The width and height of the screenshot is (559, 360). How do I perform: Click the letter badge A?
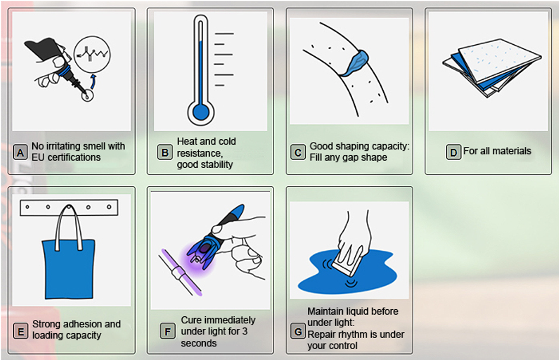[20, 152]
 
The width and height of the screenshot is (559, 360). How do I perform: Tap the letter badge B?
[165, 152]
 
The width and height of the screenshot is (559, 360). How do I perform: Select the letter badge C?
[298, 152]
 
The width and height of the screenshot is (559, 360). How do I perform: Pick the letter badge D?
[454, 152]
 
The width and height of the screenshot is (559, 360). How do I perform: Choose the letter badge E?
[21, 331]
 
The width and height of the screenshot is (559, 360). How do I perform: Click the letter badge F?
[167, 332]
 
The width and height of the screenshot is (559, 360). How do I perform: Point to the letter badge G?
[298, 332]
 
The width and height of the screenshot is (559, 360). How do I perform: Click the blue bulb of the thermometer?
[201, 112]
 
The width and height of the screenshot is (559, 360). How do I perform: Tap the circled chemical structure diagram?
[92, 54]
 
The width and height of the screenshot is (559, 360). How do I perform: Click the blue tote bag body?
[68, 269]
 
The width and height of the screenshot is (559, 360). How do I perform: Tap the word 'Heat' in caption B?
[187, 141]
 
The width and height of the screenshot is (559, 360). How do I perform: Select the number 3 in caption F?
[245, 332]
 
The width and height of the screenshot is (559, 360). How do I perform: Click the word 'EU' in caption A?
[38, 157]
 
